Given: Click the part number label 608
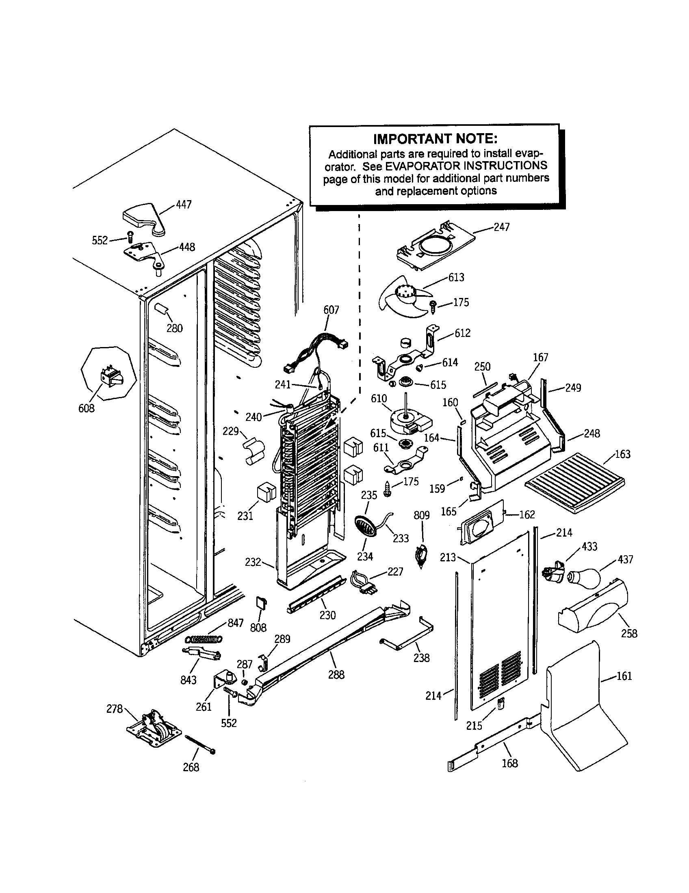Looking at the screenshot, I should click(87, 408).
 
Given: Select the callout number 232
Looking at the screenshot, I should click(252, 562).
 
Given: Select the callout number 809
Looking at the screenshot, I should click(421, 515).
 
